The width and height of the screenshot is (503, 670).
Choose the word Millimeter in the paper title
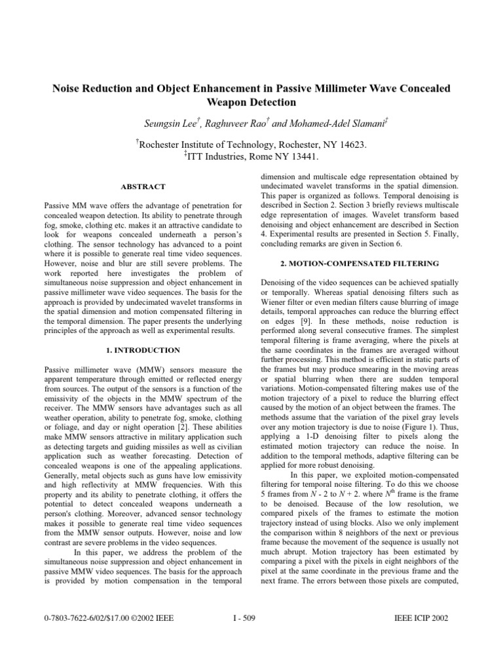point(335,88)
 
